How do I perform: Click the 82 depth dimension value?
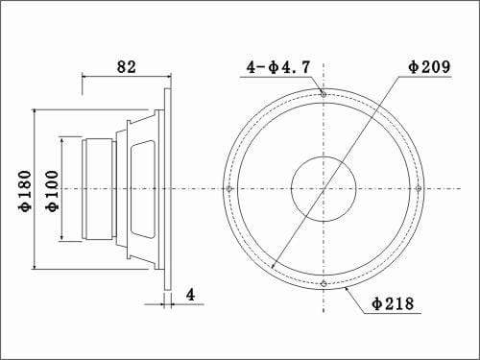(126, 66)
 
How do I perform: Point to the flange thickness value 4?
(191, 295)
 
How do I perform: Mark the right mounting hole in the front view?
(419, 189)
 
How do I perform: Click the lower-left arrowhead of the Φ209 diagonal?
(275, 266)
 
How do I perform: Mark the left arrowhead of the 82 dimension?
(85, 77)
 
